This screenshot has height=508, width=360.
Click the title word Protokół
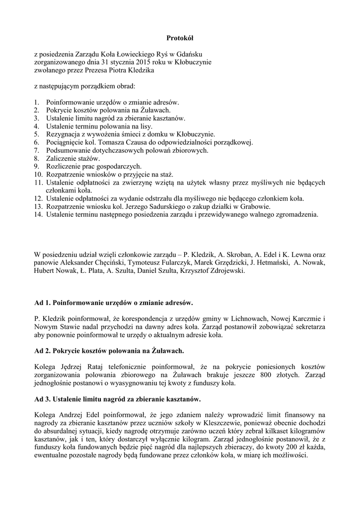[x=179, y=38]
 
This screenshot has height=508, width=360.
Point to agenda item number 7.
[x=37, y=150]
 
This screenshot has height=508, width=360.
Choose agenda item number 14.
[x=38, y=214]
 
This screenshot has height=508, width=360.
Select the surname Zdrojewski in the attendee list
[x=225, y=271]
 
